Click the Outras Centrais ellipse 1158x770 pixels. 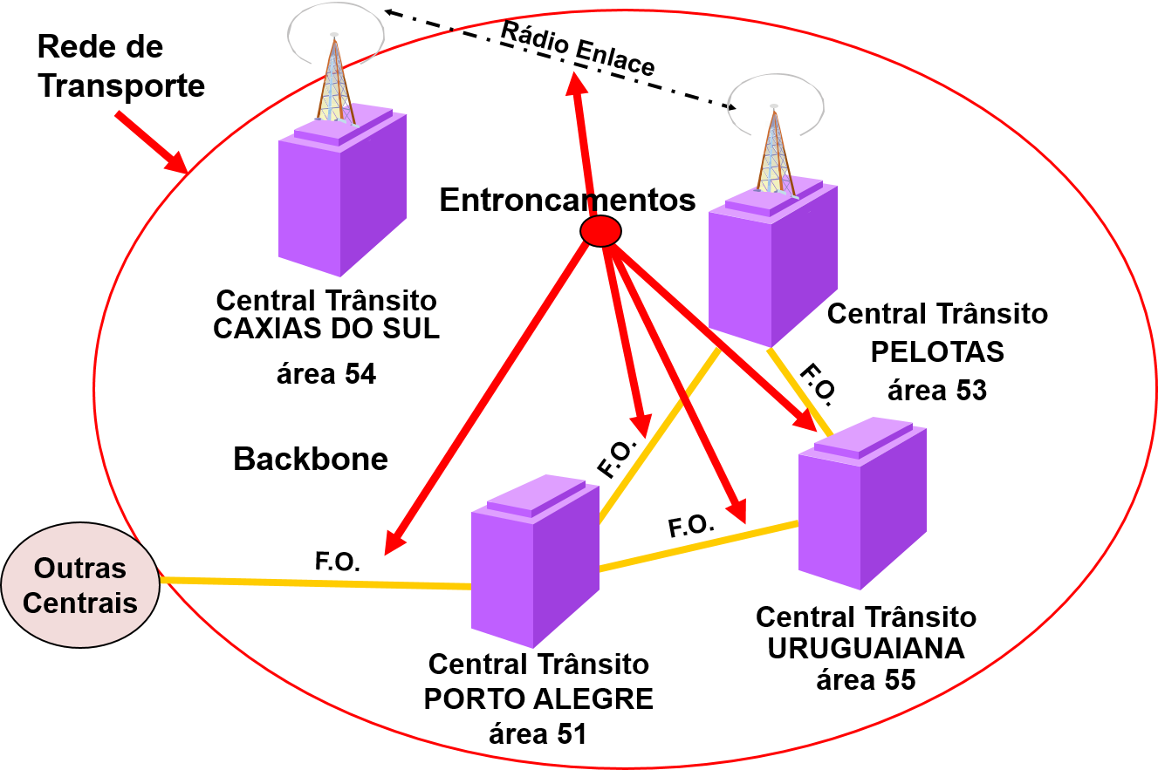click(x=80, y=585)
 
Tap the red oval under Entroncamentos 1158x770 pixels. click(x=600, y=231)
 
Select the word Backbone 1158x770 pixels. click(x=311, y=459)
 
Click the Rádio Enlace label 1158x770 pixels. click(x=578, y=49)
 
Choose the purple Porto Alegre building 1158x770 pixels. click(x=535, y=561)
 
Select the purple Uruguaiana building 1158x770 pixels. click(x=862, y=503)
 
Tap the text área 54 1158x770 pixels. click(x=326, y=374)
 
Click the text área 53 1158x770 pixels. click(x=937, y=391)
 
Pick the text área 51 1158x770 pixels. click(x=538, y=734)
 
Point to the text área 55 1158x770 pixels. click(x=866, y=679)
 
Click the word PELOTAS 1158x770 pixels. click(x=937, y=352)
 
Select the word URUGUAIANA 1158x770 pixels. click(x=866, y=649)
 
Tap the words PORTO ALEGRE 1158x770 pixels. click(x=538, y=699)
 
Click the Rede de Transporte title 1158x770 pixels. click(x=121, y=66)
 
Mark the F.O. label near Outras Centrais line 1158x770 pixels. click(x=337, y=562)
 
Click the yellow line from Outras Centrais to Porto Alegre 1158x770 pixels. click(x=315, y=583)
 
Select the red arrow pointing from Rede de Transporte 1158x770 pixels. click(x=151, y=143)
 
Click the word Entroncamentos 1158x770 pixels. click(x=567, y=200)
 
